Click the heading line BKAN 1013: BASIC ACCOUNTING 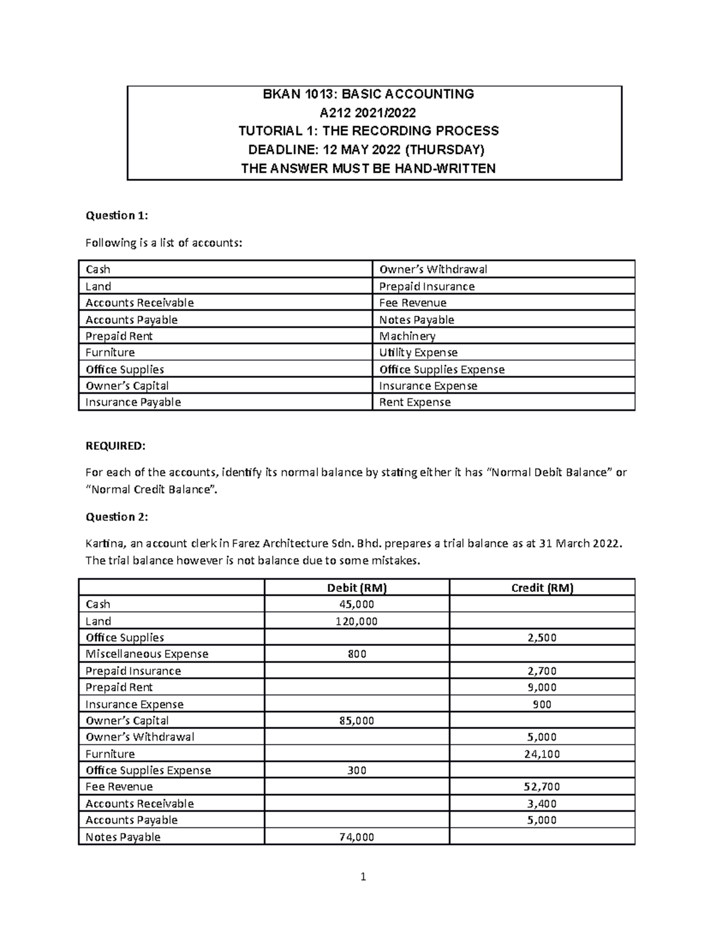coord(368,94)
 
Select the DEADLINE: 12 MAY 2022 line coord(368,150)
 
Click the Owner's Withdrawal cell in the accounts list coord(433,269)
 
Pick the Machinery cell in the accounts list coord(407,336)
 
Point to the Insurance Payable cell coord(133,402)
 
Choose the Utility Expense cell coord(418,352)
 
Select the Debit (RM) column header coord(357,587)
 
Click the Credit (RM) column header coord(542,587)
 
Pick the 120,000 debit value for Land coord(357,621)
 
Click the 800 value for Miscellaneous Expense coord(357,654)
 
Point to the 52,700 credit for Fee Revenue coord(542,787)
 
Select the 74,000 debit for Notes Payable coord(357,837)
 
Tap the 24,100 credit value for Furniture coord(542,754)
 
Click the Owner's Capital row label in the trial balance coord(127,721)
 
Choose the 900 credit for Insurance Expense coord(542,704)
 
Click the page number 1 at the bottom coord(363,876)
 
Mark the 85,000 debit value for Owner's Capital coord(357,721)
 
